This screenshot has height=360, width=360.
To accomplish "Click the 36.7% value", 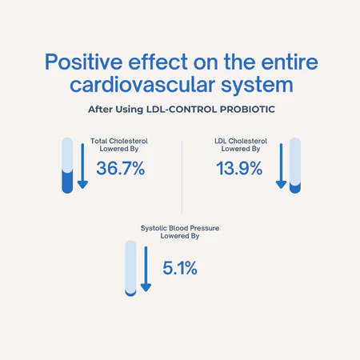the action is pos(121,168).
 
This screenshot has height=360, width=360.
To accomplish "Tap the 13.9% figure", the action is pos(239,168).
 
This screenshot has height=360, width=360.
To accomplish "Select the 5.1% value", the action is pos(180,268).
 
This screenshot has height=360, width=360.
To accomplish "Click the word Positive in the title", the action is pos(83,62).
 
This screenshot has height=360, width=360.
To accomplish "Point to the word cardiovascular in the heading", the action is pos(142,85).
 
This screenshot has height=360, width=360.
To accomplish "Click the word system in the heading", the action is pos(257,86).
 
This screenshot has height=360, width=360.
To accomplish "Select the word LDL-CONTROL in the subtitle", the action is pos(182,110).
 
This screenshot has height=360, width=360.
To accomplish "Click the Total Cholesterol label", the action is pos(119,141).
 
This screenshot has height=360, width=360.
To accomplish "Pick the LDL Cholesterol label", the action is pos(241,141).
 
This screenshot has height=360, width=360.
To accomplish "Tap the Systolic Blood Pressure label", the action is pos(180,228).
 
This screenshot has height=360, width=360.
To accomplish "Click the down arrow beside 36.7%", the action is pos(82,166).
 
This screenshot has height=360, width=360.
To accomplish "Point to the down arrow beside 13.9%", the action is pos(281,166).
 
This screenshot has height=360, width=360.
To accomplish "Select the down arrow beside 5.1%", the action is pos(146,269).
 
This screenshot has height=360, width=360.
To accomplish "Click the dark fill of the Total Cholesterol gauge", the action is pos(67,182).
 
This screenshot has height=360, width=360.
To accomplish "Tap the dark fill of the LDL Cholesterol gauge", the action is pos(295,188).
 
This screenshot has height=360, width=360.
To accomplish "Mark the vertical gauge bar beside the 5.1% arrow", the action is pos(130,269).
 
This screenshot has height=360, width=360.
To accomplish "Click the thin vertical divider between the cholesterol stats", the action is pos(182,178).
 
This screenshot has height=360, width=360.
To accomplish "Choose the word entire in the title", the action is pos(290,62).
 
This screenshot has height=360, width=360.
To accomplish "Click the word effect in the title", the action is pos(158,62).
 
